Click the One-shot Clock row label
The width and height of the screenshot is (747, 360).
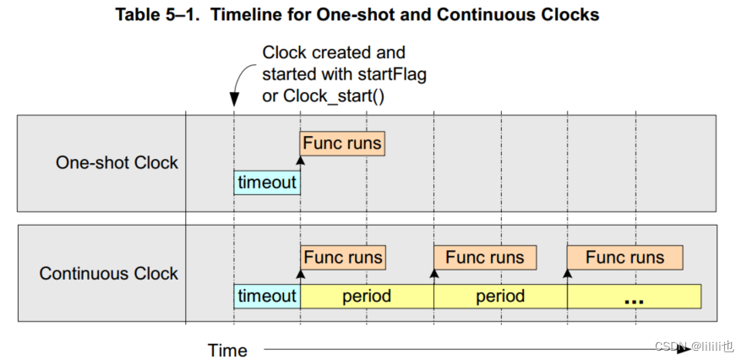(x=117, y=162)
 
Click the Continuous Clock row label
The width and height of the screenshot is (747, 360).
(x=109, y=274)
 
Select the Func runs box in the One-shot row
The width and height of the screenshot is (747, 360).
(x=342, y=144)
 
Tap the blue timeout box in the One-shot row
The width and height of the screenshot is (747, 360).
(x=267, y=183)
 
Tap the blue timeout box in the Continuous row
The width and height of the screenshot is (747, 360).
(x=267, y=297)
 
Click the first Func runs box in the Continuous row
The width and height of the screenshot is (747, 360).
(x=342, y=257)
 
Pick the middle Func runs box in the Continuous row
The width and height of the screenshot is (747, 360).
(x=485, y=257)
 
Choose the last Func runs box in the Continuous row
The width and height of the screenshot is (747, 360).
(x=624, y=257)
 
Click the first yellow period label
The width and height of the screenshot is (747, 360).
(x=367, y=297)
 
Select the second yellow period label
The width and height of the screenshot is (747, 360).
(x=500, y=297)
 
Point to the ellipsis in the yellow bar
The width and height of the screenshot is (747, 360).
(x=634, y=298)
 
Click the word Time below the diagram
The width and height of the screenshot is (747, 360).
(x=228, y=350)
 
